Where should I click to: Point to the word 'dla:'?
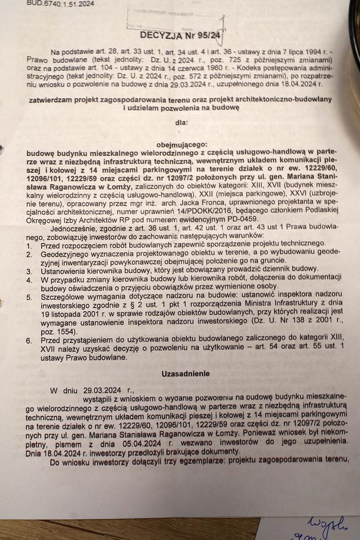tap(180, 123)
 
